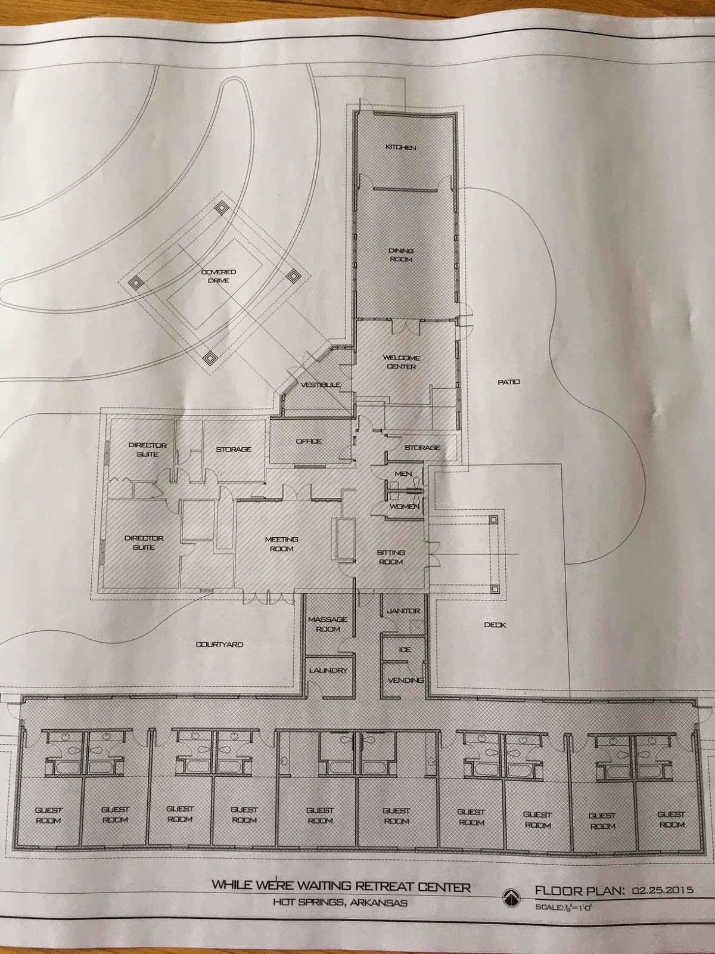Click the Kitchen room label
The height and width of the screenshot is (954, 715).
pos(400,147)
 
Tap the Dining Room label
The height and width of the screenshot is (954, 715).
pos(400,255)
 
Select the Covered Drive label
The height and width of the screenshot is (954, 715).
pos(218,276)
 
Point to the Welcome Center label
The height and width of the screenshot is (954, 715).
pos(402,363)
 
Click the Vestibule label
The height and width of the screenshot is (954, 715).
pos(321,385)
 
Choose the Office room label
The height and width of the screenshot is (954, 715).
pos(309,441)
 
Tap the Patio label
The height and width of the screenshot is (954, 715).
pos(509,382)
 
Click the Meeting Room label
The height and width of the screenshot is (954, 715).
pos(282,544)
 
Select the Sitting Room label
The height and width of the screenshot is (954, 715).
pos(390,557)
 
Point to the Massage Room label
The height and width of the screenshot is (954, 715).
pos(328,624)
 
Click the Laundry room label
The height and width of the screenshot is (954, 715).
pos(328,670)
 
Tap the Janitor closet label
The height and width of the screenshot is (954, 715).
pos(403,611)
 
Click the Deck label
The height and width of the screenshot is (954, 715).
pos(495,625)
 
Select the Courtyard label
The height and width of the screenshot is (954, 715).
pos(219,645)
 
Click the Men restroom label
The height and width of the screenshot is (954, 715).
pos(403,474)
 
